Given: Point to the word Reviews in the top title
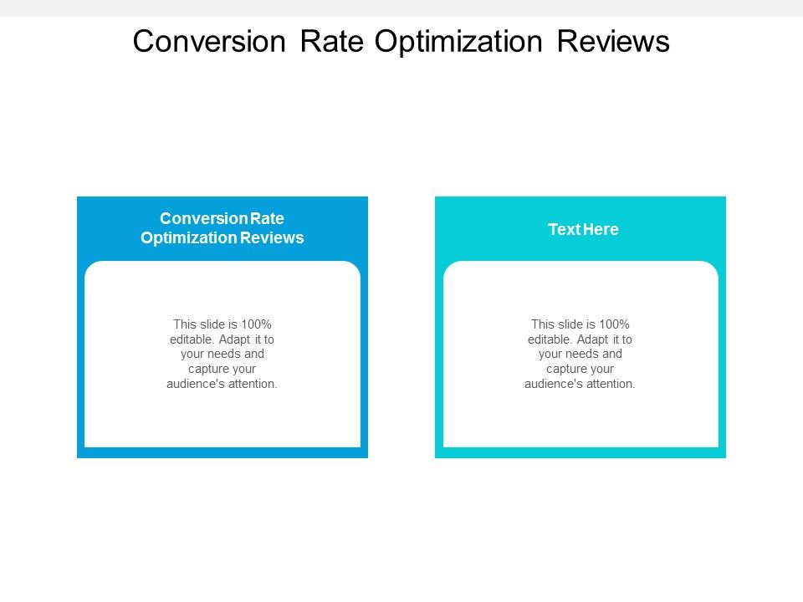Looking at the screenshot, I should (x=614, y=41).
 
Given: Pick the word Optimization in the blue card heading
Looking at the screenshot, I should (x=189, y=238).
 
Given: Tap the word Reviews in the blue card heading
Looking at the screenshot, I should (x=273, y=238).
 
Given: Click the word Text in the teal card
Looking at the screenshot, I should (x=562, y=230).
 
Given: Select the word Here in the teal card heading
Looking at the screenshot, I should (x=601, y=230).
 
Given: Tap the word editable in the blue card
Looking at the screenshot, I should (x=188, y=339).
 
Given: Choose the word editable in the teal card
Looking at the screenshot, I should (x=547, y=339).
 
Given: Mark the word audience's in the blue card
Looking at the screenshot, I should (x=197, y=385).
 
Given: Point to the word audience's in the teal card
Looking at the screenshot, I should (x=555, y=385).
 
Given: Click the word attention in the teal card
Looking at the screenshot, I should (x=611, y=385).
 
